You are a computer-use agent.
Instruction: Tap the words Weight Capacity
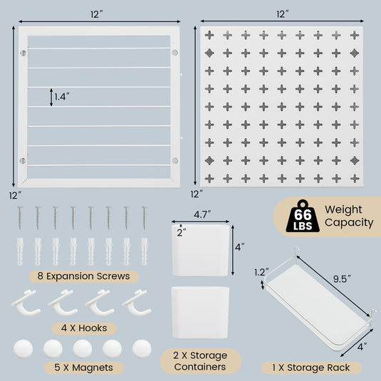(348, 216)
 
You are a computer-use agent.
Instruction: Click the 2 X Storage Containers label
(200, 360)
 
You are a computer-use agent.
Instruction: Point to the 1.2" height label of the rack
(261, 271)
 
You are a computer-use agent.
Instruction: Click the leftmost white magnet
(24, 348)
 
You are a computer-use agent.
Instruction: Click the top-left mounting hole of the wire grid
(24, 54)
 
